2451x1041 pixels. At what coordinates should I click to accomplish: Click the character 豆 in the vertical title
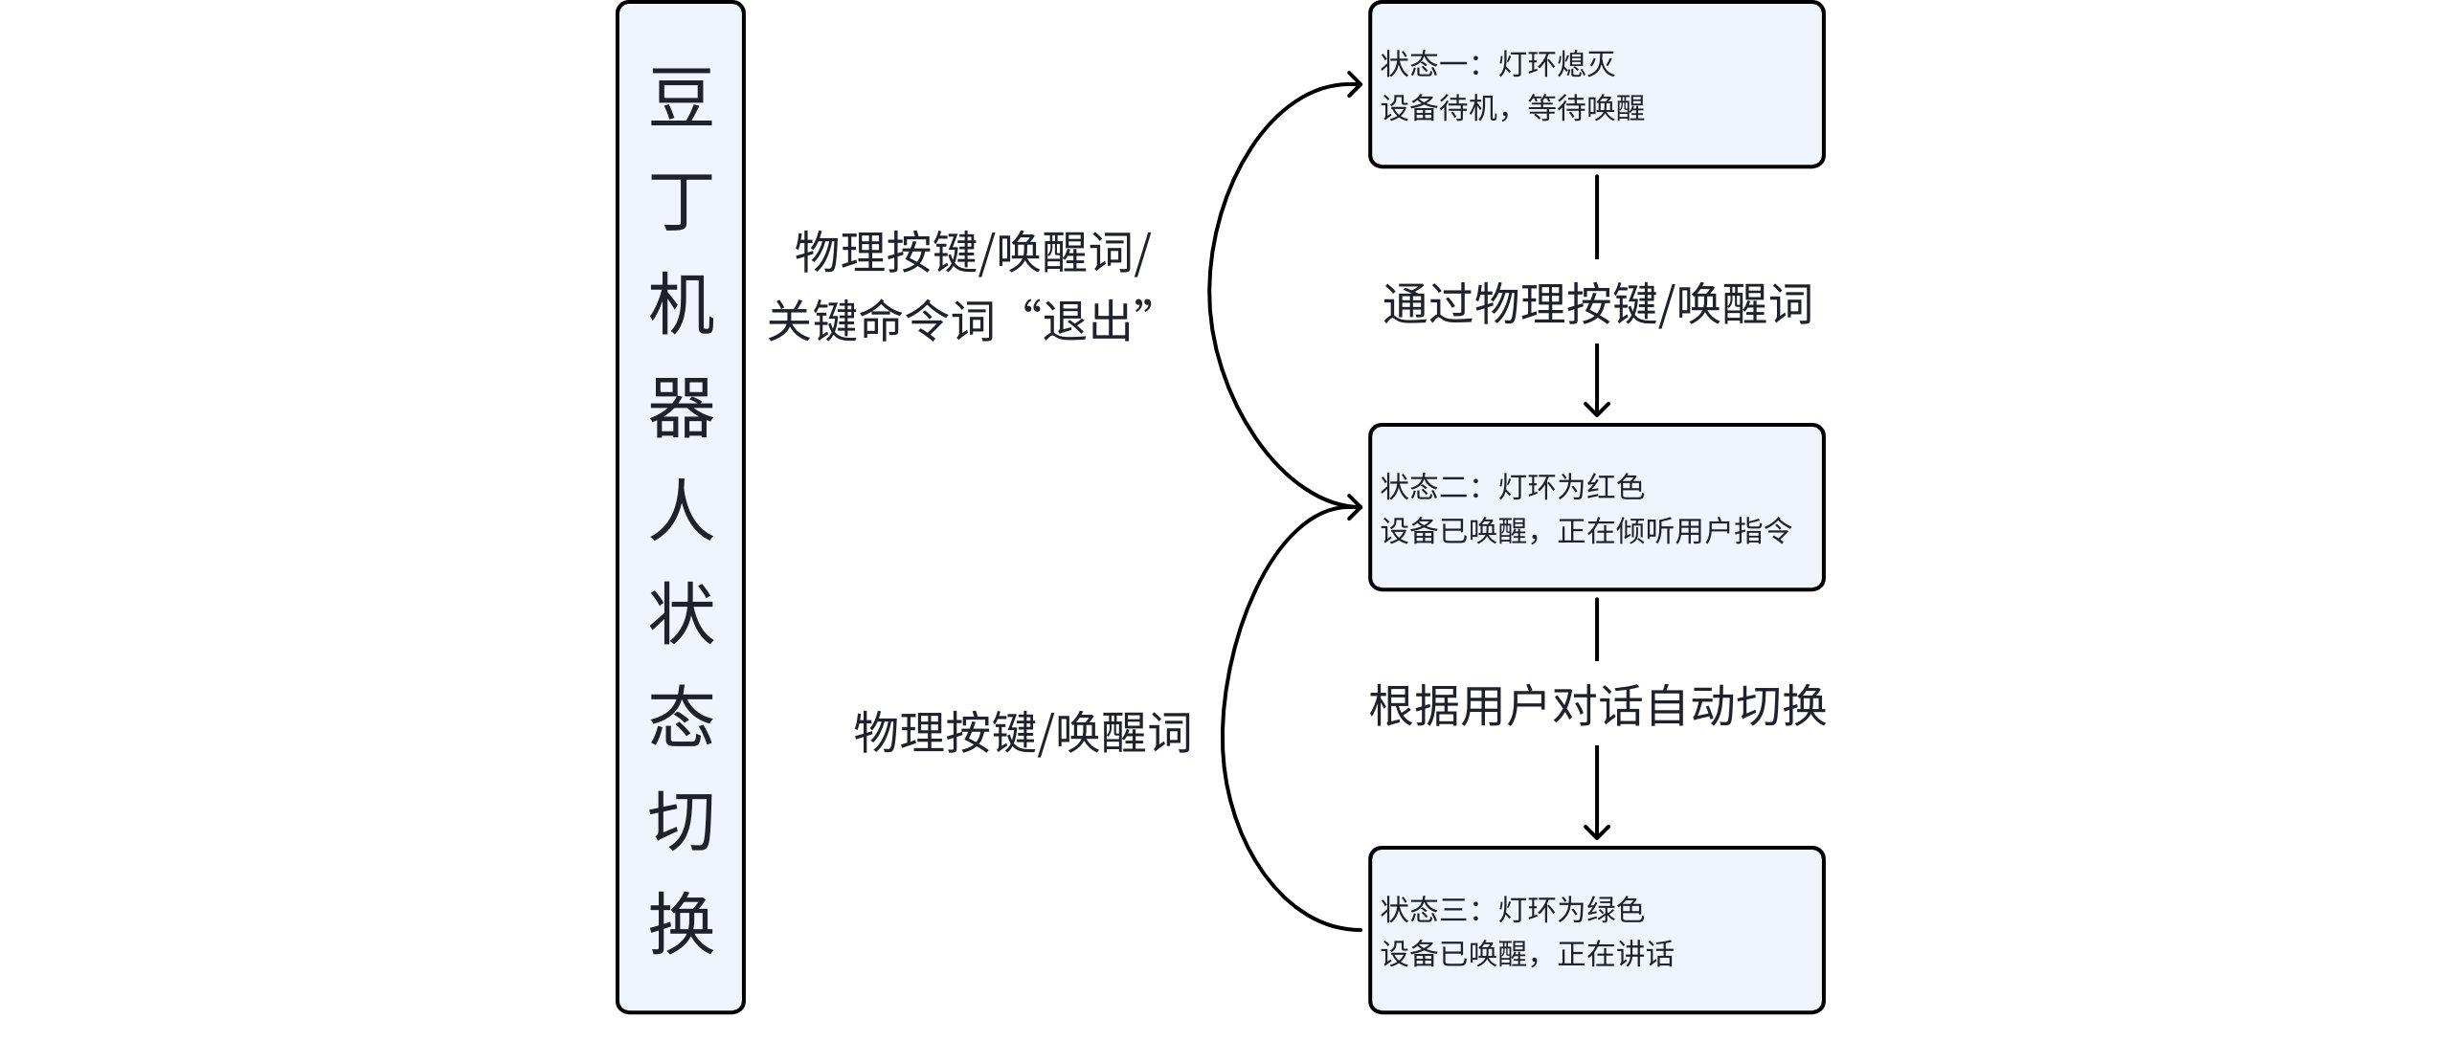coord(681,98)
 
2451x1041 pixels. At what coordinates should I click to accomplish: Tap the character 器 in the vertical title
coord(681,408)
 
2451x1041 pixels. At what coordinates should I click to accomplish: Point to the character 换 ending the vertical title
coord(681,923)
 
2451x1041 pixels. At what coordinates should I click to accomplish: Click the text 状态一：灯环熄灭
coord(1497,64)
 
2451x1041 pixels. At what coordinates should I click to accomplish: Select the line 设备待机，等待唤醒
coord(1512,108)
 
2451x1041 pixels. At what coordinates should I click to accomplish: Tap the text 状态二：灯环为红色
coord(1512,487)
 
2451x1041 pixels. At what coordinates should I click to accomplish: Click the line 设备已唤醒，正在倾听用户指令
coord(1585,531)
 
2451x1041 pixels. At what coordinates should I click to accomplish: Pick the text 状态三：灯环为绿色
coord(1512,910)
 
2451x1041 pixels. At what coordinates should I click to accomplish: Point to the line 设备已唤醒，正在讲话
coord(1526,954)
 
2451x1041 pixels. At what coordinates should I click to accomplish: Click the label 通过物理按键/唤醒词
coord(1597,304)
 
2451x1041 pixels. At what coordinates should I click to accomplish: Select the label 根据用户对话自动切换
coord(1597,706)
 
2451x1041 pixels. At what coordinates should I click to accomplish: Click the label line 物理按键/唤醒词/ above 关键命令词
coord(973,253)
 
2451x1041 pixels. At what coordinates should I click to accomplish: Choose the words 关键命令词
coord(881,321)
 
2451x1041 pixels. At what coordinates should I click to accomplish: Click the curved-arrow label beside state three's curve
coord(1023,733)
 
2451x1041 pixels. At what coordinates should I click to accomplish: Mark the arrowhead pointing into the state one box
coord(1356,85)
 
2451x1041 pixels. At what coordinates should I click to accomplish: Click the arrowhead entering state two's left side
coord(1356,507)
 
